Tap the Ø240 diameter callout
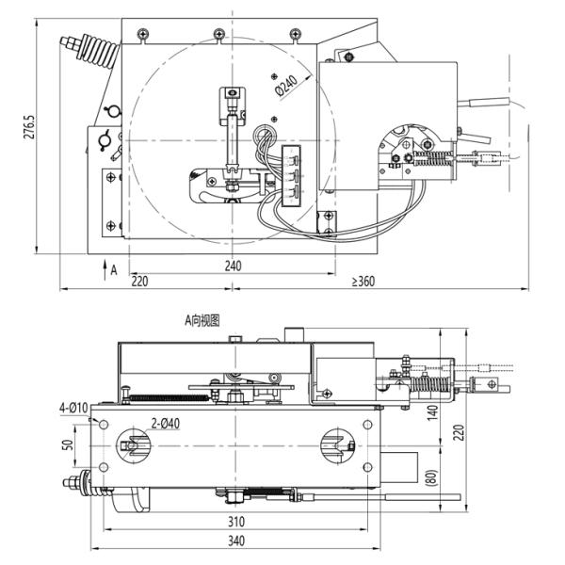click(286, 89)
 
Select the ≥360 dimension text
click(363, 281)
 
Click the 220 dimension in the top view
click(138, 281)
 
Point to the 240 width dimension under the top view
click(233, 266)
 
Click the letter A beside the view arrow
click(113, 269)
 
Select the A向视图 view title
click(202, 320)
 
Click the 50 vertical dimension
click(68, 444)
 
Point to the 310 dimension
click(235, 521)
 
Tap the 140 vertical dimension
click(433, 412)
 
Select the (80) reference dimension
click(432, 475)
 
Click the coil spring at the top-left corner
click(89, 49)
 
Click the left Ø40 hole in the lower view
click(130, 444)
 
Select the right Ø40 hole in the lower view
click(333, 444)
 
